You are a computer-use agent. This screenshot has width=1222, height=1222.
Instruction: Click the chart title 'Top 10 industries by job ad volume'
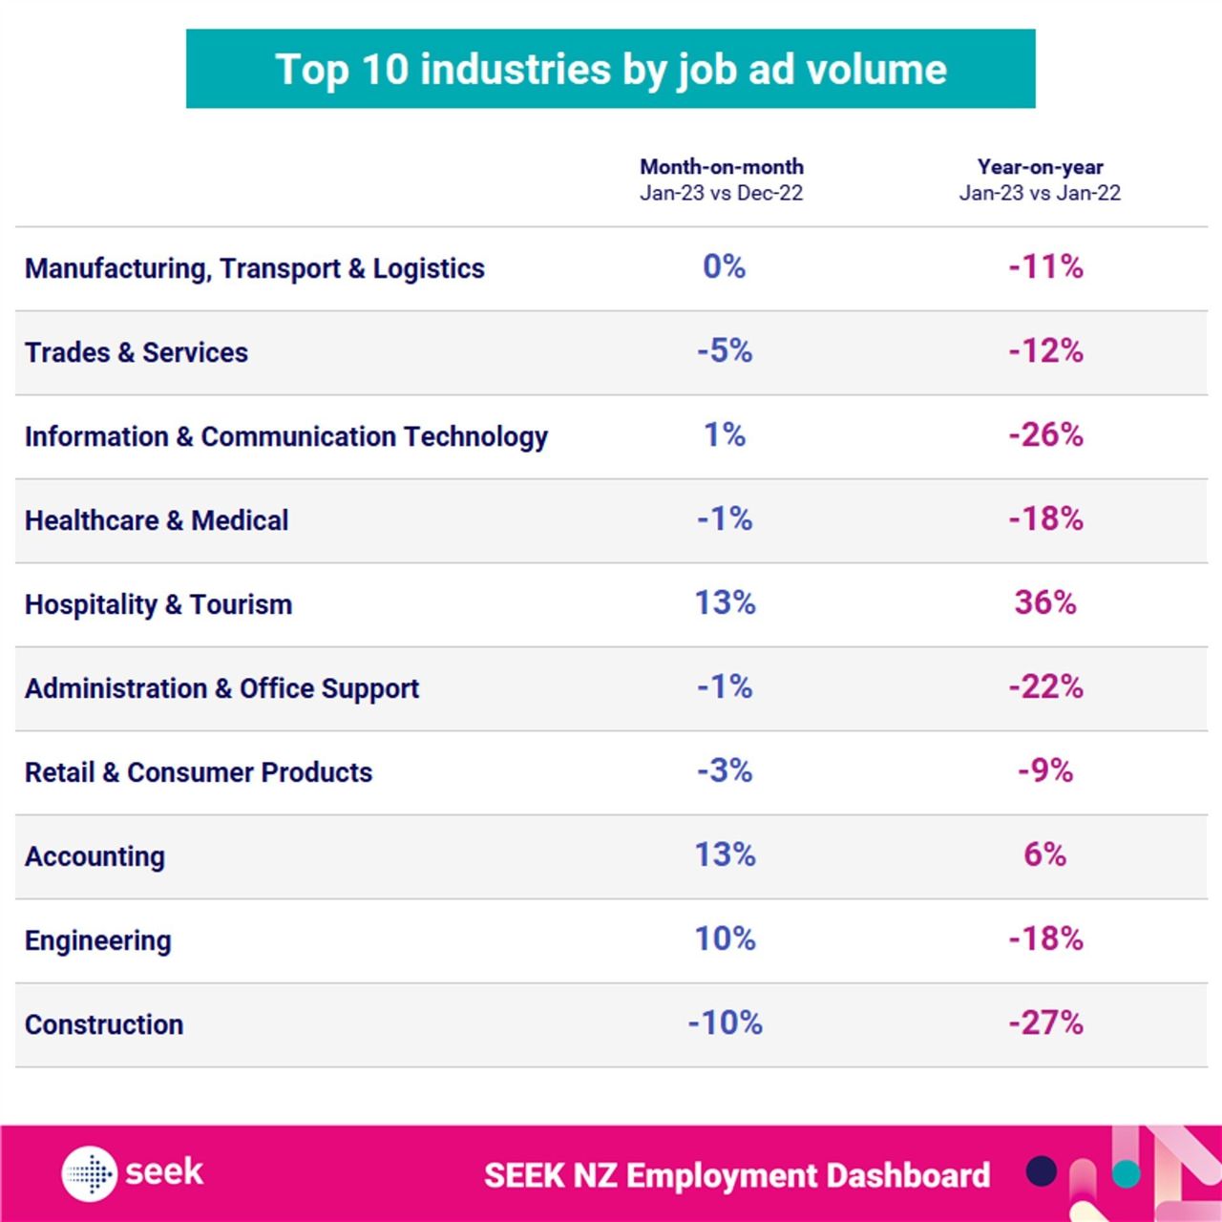[x=611, y=70]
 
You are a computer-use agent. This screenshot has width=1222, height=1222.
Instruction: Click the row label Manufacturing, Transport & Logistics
[x=255, y=269]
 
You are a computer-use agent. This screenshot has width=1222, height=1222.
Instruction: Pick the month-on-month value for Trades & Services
[x=725, y=351]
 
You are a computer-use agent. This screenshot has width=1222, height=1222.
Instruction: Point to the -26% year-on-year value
[x=1045, y=435]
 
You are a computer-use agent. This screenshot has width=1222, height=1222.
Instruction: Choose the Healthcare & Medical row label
[x=157, y=520]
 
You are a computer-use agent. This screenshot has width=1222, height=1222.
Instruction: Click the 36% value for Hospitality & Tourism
[x=1045, y=603]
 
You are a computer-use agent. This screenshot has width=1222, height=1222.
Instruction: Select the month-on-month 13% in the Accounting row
[x=725, y=855]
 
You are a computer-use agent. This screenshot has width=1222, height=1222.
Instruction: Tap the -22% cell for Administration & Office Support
[x=1045, y=687]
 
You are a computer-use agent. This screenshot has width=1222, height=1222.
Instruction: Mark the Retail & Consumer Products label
[x=199, y=772]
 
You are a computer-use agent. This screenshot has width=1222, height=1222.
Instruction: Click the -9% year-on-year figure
[x=1045, y=771]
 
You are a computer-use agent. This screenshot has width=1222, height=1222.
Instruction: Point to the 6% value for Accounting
[x=1045, y=855]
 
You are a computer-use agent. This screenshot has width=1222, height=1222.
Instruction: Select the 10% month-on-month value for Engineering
[x=725, y=939]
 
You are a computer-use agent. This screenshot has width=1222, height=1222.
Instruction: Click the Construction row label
[x=104, y=1024]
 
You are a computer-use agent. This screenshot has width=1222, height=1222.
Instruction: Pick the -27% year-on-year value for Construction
[x=1045, y=1023]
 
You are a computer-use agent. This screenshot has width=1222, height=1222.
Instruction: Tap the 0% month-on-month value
[x=725, y=267]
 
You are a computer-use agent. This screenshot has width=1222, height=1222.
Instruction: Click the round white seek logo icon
[x=90, y=1173]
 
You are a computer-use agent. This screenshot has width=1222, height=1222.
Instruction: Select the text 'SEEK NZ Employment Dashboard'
[x=737, y=1175]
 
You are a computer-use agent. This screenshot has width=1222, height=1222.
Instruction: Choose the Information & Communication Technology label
[x=286, y=436]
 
